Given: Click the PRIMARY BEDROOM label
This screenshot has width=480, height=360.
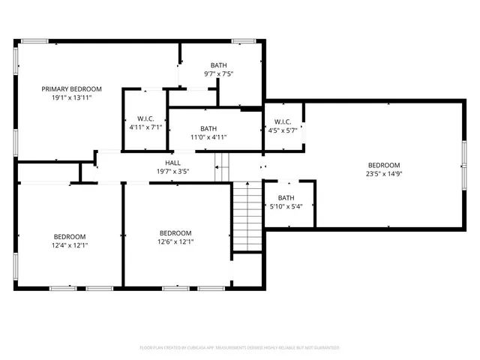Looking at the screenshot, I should point(71,88).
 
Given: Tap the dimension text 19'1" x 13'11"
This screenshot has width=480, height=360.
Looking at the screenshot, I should point(71,97).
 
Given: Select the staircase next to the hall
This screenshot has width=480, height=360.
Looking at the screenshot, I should point(245,217).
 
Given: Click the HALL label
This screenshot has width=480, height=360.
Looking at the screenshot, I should point(172,163).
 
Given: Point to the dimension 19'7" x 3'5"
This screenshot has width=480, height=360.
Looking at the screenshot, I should point(172,172).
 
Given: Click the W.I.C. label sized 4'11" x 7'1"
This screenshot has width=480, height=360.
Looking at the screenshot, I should point(145,118).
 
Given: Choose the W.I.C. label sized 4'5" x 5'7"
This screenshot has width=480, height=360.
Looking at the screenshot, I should point(283,121).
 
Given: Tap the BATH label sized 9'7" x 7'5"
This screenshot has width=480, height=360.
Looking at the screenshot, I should point(218,65).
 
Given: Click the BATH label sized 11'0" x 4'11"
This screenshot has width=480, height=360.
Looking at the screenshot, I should point(208,128).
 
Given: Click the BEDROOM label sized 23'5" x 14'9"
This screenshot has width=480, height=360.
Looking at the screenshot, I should point(383,165).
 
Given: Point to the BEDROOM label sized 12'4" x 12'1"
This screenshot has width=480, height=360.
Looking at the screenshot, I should point(69,235).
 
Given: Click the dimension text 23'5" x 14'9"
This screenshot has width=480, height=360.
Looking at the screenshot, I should point(383,174).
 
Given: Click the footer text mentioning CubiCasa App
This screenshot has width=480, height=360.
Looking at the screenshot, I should point(240,348).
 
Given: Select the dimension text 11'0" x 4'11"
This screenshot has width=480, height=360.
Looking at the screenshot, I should point(208,137).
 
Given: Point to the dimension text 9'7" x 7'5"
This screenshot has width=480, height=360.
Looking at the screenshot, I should point(218,74).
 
